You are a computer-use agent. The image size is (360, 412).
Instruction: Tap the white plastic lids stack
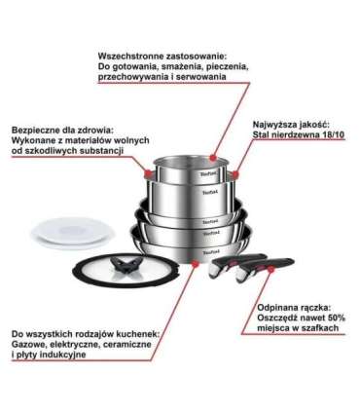pos(72,233)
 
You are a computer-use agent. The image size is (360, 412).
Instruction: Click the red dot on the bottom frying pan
pos(195,264)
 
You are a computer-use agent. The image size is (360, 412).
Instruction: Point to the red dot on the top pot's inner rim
pos(212,158)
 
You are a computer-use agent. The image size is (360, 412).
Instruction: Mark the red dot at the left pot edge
pos(149,173)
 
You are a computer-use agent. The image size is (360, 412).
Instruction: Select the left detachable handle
pos(239,266)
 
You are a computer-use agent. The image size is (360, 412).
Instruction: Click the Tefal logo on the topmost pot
pos(209,174)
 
